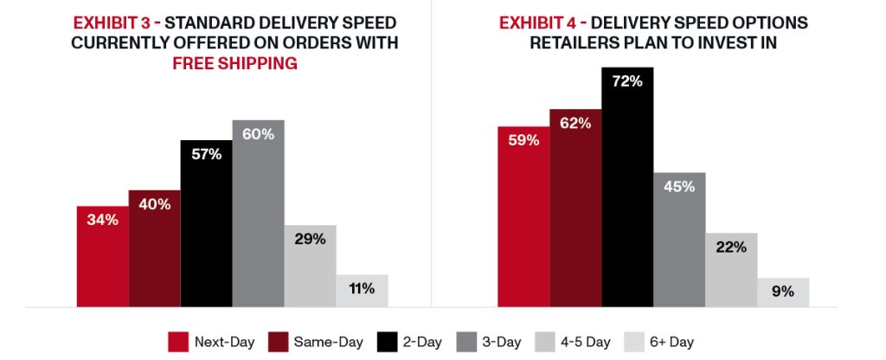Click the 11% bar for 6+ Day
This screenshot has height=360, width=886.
(x=362, y=290)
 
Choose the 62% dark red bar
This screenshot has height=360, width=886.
(x=575, y=208)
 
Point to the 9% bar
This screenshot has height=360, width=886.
(x=783, y=292)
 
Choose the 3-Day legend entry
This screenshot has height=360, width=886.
(x=485, y=341)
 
